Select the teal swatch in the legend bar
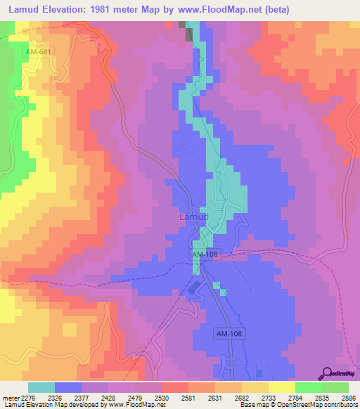coord(41,387)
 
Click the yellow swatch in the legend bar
coord(281,387)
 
